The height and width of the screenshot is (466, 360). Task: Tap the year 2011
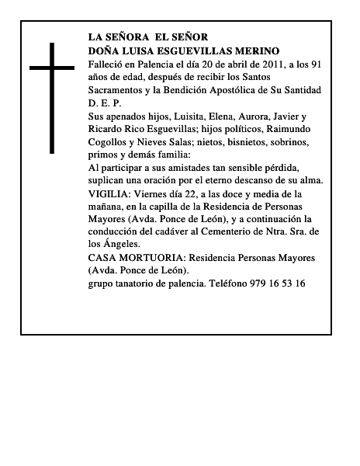point(258,64)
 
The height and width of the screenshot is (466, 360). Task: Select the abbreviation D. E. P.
point(106,103)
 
